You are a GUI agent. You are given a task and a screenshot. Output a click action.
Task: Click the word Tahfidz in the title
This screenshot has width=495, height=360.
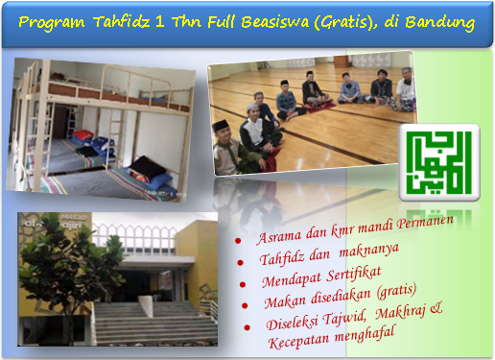coord(122,22)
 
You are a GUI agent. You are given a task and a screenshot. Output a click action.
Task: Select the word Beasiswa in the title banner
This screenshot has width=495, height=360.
coord(275,22)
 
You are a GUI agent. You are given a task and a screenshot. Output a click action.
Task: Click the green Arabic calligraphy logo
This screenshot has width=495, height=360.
coord(439,162)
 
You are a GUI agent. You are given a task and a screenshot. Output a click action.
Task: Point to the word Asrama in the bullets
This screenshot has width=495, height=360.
coord(279,236)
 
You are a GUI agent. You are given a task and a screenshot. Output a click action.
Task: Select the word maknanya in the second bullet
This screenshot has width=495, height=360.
coord(369,251)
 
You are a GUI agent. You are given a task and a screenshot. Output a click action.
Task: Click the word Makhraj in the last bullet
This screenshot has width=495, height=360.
coord(401,312)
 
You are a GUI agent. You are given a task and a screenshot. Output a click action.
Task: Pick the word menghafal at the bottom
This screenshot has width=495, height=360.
coord(365,335)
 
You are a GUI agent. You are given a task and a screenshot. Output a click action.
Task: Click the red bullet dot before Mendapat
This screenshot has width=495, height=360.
coord(243,284)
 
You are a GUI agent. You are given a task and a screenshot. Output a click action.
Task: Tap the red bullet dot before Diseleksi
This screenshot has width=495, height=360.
coord(247,327)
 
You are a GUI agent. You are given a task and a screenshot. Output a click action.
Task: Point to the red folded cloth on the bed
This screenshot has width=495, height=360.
coord(83,134)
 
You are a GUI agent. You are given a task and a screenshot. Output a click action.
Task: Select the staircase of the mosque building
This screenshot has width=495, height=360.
coord(153,324)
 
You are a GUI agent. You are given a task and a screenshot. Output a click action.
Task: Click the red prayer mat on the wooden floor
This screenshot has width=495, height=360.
coord(319,107)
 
